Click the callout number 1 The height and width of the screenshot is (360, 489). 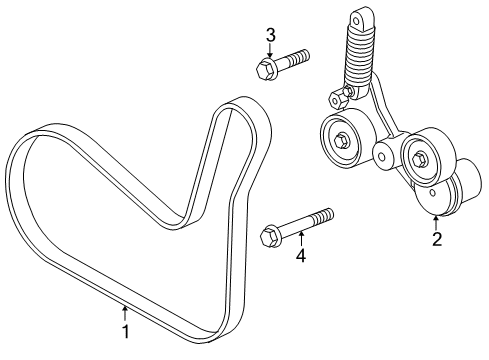[x=124, y=331]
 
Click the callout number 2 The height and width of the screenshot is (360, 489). [x=436, y=239]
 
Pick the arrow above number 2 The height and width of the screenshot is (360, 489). [x=436, y=221]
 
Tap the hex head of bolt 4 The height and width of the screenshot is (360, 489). [x=268, y=237]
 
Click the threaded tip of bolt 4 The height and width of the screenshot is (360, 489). [x=327, y=215]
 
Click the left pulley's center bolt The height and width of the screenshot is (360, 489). [x=342, y=139]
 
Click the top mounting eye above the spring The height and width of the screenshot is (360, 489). [x=356, y=17]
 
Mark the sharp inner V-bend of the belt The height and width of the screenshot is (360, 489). [x=191, y=217]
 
